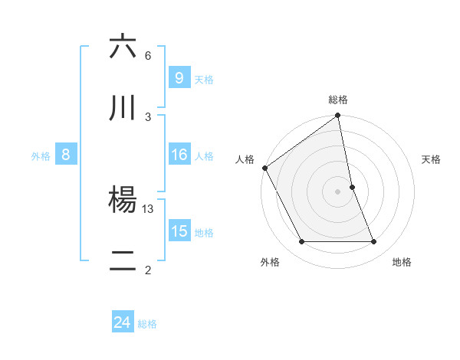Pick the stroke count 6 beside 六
coord(148,56)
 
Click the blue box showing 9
coord(179,77)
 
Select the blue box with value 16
coord(179,155)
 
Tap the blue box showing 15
coord(179,231)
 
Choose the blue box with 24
coord(122,322)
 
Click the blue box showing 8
coord(66,155)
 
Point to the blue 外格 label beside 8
coord(41,155)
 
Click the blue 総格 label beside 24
coord(147,323)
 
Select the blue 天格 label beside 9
coord(203,79)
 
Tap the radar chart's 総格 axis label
coord(338,100)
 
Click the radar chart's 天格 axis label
coord(431,159)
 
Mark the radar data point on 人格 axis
coord(264,168)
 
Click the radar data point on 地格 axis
coord(374,242)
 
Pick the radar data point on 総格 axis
coord(338,116)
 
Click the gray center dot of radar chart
coord(338,191)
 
